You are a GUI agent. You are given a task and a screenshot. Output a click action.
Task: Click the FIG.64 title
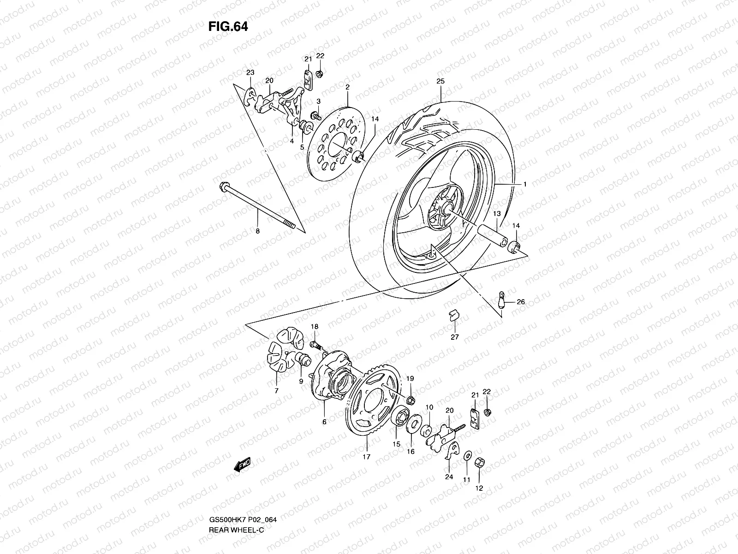tap(228, 27)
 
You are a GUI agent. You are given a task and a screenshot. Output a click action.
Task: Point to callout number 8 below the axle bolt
tap(257, 231)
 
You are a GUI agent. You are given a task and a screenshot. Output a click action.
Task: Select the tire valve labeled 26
tap(503, 299)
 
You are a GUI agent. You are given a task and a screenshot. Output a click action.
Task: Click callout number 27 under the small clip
tap(455, 337)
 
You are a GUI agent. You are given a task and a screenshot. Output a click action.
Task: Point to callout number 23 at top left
tap(250, 72)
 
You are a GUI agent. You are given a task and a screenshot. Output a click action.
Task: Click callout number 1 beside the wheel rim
tap(524, 184)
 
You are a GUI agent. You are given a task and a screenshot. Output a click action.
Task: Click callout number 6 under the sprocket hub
tap(324, 422)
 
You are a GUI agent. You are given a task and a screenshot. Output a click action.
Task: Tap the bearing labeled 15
tap(398, 420)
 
